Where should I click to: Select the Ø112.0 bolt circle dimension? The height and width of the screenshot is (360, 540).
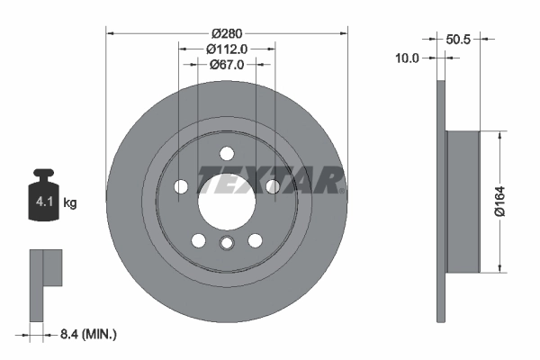pos(226,49)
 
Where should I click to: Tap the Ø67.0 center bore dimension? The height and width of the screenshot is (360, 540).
pos(226,64)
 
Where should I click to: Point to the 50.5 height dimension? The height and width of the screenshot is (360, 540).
pos(460,39)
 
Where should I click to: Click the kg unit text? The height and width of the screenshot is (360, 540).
pos(70,203)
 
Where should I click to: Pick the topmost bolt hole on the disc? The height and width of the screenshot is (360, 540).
pos(226,152)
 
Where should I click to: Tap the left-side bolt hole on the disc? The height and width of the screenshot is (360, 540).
pos(181,186)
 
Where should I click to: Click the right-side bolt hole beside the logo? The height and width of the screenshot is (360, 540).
pos(271,186)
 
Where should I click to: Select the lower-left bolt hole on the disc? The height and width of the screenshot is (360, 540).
pos(198,240)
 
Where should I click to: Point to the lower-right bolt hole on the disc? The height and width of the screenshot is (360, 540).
pos(255,240)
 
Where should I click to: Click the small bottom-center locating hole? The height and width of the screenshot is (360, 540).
pos(226,245)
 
